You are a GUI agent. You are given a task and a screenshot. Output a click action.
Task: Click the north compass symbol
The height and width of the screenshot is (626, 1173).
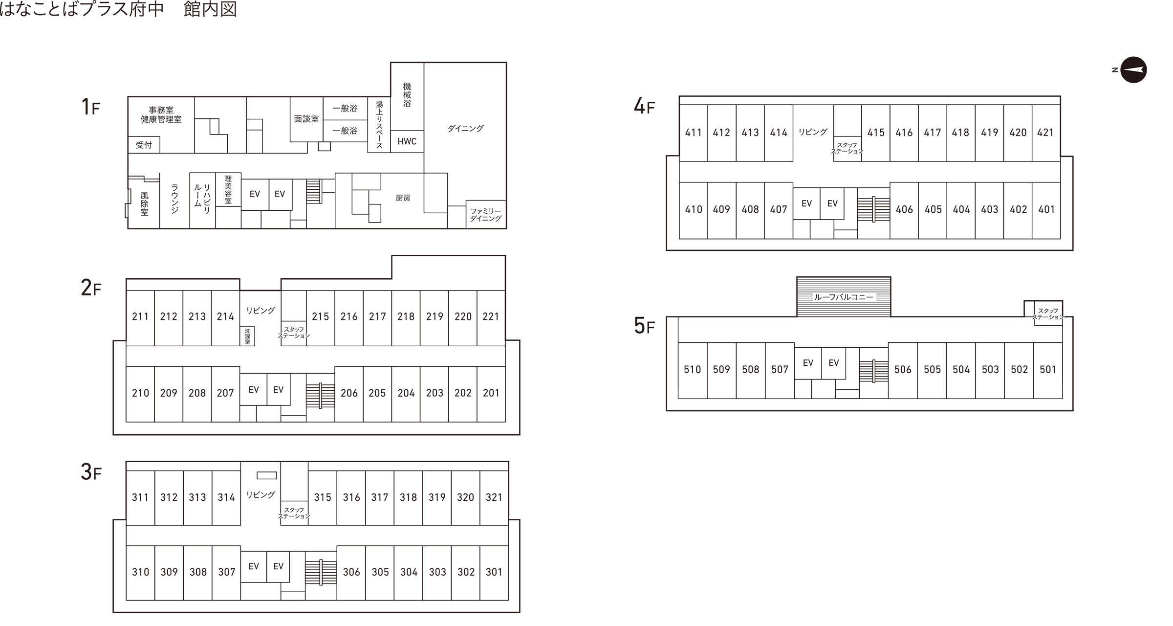pyautogui.click(x=1133, y=70)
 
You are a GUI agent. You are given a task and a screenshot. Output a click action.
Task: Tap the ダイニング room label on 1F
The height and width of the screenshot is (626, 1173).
pyautogui.click(x=465, y=128)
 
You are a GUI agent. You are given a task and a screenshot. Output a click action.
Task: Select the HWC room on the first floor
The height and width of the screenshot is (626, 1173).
pyautogui.click(x=407, y=141)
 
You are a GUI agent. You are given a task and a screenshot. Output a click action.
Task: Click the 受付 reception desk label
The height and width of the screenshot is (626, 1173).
pyautogui.click(x=144, y=145)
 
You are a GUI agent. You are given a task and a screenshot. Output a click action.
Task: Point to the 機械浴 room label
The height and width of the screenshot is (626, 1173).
pyautogui.click(x=407, y=95)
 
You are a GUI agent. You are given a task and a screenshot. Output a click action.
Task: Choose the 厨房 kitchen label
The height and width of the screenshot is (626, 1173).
pyautogui.click(x=403, y=198)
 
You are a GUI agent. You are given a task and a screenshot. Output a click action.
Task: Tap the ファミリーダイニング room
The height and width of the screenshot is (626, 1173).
pyautogui.click(x=485, y=215)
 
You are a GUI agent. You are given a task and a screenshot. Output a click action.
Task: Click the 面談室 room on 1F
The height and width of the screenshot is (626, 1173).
pyautogui.click(x=306, y=119)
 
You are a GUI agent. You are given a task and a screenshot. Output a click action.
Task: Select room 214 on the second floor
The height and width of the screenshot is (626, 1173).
pyautogui.click(x=225, y=317)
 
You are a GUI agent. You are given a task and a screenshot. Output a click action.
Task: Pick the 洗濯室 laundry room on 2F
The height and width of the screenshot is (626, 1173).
pyautogui.click(x=247, y=336)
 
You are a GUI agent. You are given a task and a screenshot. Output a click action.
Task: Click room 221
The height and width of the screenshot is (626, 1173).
pyautogui.click(x=491, y=317)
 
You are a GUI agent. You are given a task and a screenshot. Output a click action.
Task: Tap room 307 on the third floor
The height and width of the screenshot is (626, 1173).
pyautogui.click(x=226, y=572)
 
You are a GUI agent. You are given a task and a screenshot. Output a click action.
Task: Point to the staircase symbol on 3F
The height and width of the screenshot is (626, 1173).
pyautogui.click(x=321, y=571)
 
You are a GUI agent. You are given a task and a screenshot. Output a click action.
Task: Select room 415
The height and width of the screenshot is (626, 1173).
pyautogui.click(x=875, y=133)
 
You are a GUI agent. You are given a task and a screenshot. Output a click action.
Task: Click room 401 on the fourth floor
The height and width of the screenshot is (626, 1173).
pyautogui.click(x=1046, y=209)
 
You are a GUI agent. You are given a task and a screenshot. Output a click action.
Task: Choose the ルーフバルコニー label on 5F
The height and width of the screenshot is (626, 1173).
pyautogui.click(x=843, y=297)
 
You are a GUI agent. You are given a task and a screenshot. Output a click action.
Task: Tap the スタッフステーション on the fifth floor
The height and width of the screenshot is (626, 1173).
pyautogui.click(x=1048, y=314)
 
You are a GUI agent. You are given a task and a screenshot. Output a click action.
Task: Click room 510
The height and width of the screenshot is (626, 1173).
pyautogui.click(x=692, y=370)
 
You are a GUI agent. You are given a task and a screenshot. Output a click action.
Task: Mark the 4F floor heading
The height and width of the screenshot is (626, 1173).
pyautogui.click(x=644, y=107)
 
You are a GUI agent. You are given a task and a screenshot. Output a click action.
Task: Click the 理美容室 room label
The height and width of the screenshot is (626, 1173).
pyautogui.click(x=228, y=190)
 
